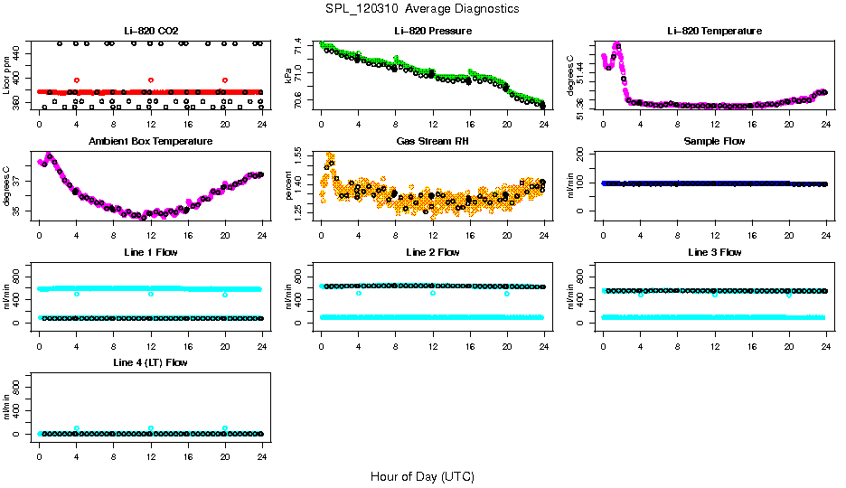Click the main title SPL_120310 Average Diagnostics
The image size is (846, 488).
(422, 9)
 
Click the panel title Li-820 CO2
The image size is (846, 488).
(150, 31)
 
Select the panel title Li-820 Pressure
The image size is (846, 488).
(432, 31)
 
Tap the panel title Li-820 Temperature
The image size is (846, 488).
(714, 31)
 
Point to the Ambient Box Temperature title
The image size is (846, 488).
(150, 142)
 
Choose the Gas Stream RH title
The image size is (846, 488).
(432, 142)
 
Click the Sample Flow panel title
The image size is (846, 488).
(714, 142)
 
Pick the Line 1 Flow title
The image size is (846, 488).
(150, 252)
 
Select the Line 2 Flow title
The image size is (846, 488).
(432, 252)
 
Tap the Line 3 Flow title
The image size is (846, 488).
(714, 252)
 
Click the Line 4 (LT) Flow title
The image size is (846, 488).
(150, 362)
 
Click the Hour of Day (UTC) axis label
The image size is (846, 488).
(422, 476)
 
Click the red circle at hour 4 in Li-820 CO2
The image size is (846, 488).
(77, 80)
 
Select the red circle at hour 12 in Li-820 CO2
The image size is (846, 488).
(151, 80)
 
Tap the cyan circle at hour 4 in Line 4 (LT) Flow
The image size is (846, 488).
(77, 428)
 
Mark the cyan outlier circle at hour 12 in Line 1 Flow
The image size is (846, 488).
(151, 294)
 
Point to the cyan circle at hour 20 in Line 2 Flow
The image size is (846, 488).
(507, 294)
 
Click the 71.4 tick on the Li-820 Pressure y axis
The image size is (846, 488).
(300, 43)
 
